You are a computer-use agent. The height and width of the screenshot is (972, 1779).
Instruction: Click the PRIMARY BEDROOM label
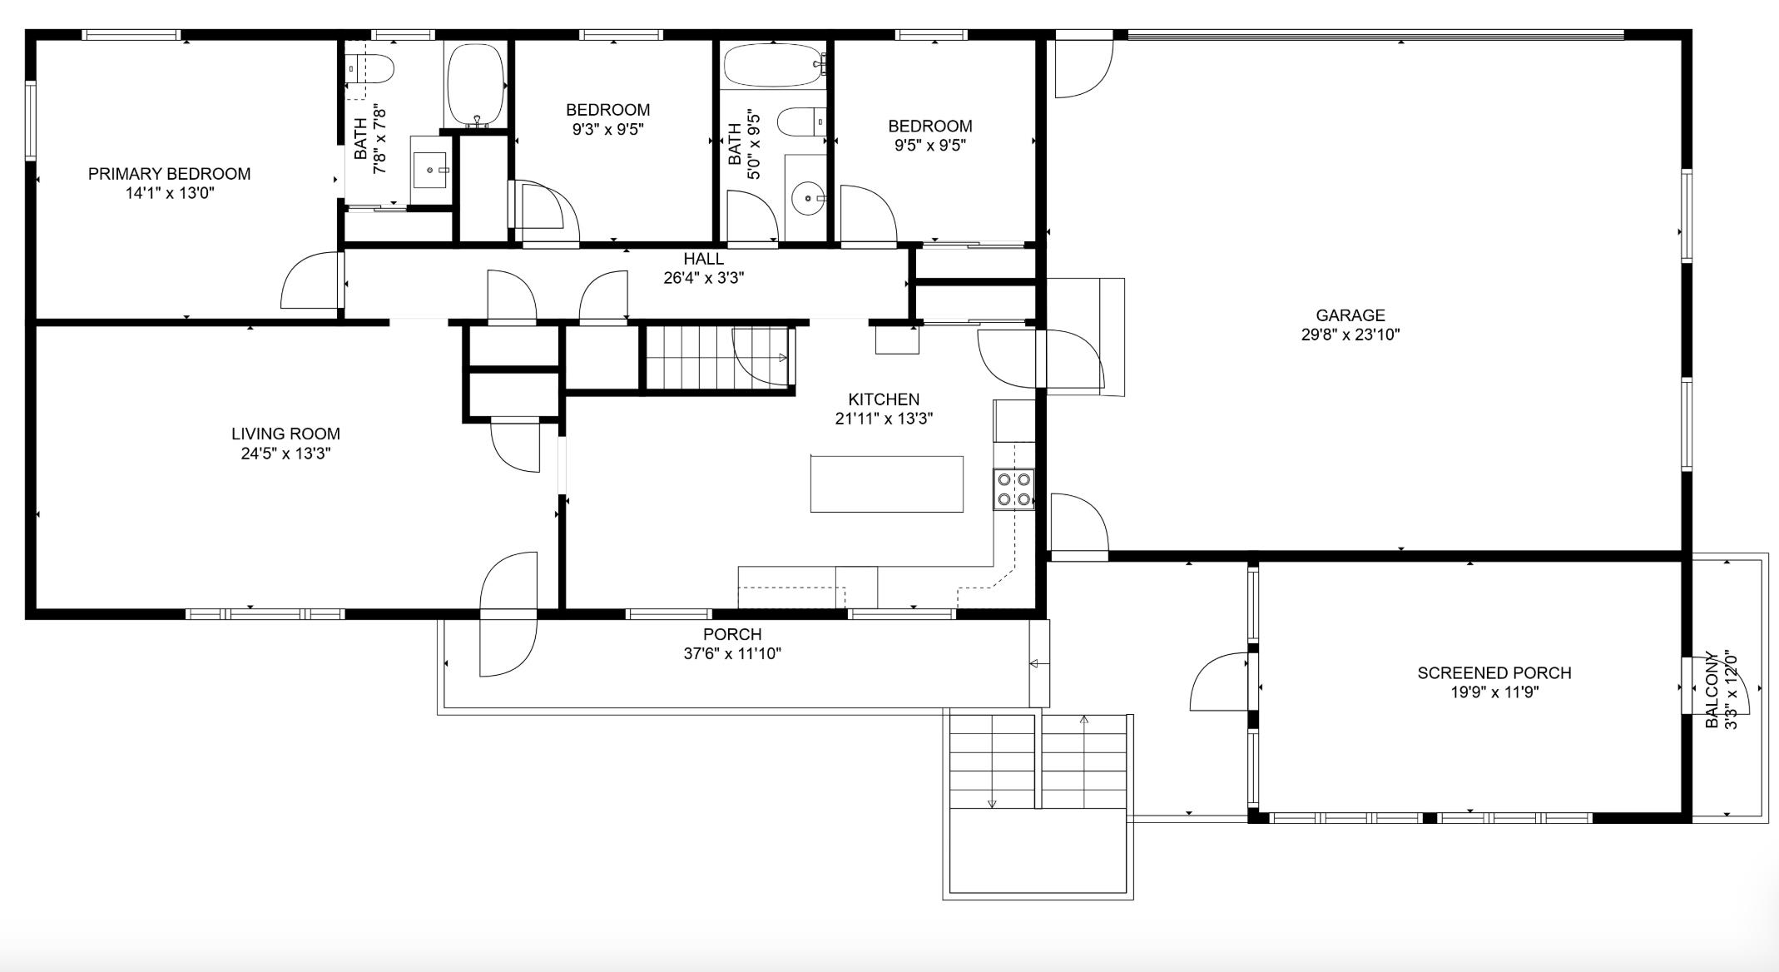pyautogui.click(x=169, y=174)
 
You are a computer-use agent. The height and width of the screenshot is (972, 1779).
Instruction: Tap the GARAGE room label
pyautogui.click(x=1350, y=315)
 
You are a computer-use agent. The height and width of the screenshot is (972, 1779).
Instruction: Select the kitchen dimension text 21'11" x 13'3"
pyautogui.click(x=884, y=419)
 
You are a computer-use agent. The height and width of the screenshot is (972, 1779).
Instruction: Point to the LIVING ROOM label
pyautogui.click(x=285, y=434)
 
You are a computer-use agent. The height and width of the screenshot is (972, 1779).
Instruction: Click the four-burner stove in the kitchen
pyautogui.click(x=1013, y=488)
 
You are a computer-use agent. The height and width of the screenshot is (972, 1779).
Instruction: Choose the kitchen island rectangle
pyautogui.click(x=887, y=484)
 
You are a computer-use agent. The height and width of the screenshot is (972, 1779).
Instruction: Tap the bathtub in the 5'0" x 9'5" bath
pyautogui.click(x=775, y=65)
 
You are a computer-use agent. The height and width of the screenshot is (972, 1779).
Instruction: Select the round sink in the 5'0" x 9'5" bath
pyautogui.click(x=807, y=199)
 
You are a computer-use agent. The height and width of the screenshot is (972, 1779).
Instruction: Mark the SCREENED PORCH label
pyautogui.click(x=1494, y=672)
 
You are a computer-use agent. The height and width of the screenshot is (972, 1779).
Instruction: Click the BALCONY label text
pyautogui.click(x=1712, y=690)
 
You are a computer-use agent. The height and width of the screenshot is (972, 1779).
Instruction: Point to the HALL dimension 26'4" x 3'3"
pyautogui.click(x=703, y=278)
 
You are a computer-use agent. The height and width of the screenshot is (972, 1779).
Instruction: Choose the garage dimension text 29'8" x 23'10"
pyautogui.click(x=1350, y=335)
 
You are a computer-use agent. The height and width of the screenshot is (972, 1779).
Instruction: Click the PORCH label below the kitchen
pyautogui.click(x=732, y=634)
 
